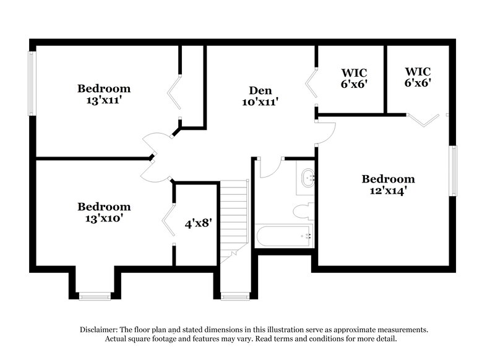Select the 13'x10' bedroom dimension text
(x=104, y=218)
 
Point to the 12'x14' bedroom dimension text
(x=388, y=191)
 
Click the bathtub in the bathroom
(x=285, y=236)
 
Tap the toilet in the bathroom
(x=304, y=211)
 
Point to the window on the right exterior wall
(x=453, y=171)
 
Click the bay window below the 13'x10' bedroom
(x=95, y=297)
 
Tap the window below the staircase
(x=235, y=297)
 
